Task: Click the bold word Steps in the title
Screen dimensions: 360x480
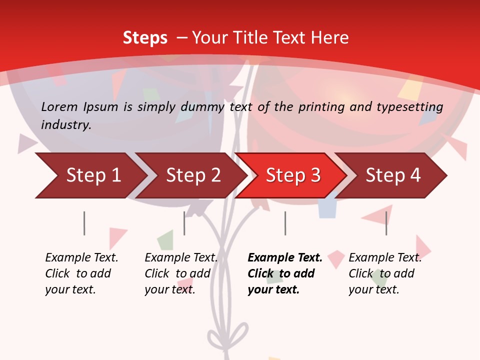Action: pos(145,37)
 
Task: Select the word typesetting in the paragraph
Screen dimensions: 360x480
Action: pos(409,106)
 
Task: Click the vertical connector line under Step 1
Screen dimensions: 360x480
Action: pos(84,223)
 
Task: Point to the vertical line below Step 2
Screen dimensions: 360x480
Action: pos(184,223)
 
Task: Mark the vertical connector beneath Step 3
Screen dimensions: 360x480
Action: pos(285,223)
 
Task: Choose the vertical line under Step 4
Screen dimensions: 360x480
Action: pos(386,223)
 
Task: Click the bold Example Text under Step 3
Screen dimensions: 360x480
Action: pos(285,258)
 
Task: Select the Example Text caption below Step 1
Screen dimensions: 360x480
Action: pos(81,258)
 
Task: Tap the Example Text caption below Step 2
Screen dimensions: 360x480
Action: pos(181,258)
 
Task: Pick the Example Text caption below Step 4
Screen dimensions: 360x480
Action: pos(385,258)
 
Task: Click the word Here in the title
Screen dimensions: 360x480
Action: pos(332,37)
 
